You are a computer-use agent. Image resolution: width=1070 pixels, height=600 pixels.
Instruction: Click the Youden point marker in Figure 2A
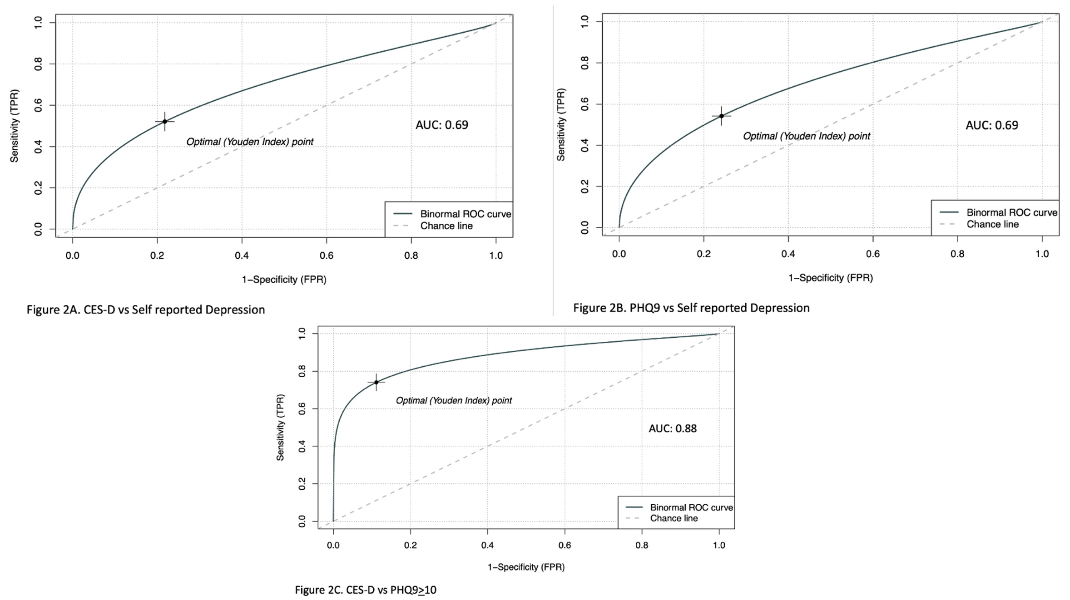click(165, 122)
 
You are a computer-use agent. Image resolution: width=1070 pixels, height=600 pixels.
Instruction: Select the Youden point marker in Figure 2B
click(721, 116)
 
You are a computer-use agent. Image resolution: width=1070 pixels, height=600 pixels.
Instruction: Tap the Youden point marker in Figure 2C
click(376, 383)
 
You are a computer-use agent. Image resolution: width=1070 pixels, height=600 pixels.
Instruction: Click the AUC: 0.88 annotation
click(672, 428)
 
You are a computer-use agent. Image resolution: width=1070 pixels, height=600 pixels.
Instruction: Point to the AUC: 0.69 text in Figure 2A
click(441, 125)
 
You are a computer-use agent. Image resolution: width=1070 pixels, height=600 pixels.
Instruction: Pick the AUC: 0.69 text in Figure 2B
click(991, 125)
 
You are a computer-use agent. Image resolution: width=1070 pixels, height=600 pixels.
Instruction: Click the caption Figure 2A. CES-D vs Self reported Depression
click(146, 310)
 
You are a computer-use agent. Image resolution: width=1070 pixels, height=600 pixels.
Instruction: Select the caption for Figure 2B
click(691, 308)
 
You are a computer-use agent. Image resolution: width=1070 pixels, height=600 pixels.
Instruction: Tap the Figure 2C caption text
click(366, 590)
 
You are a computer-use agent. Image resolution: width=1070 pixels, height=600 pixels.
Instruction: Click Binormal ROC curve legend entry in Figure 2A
click(465, 214)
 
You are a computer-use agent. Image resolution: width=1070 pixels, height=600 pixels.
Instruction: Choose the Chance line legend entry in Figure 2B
click(992, 224)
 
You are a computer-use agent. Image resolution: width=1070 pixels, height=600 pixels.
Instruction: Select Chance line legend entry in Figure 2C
click(674, 518)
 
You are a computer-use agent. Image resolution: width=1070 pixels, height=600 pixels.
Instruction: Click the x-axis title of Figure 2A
click(284, 280)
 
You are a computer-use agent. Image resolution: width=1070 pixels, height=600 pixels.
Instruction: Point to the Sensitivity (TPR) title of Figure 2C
click(280, 427)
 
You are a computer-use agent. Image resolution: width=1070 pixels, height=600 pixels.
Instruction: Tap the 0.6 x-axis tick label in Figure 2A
click(326, 256)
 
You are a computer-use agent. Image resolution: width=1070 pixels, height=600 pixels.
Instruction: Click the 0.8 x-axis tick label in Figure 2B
click(957, 254)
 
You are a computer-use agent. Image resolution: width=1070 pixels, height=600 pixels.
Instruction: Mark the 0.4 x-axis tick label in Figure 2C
click(487, 545)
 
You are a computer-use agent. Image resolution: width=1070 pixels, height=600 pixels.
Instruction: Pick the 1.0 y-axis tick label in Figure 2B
click(585, 21)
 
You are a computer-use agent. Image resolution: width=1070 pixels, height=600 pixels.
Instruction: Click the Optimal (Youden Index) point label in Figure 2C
click(453, 400)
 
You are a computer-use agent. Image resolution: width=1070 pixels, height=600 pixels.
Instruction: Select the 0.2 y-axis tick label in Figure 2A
click(38, 188)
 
